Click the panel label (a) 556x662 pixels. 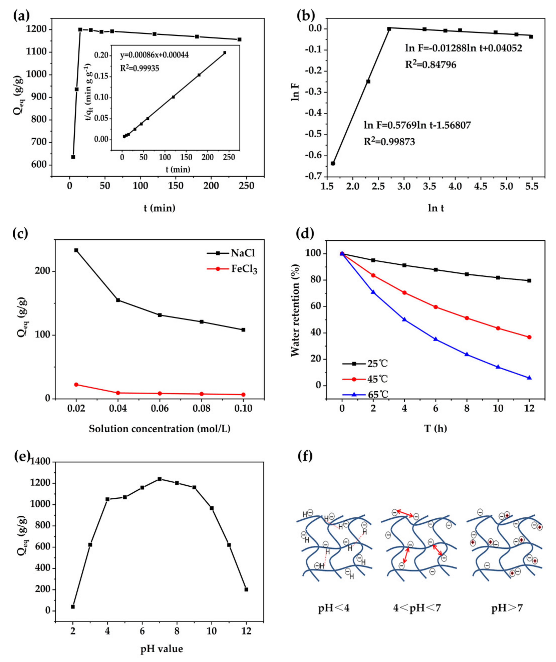21,15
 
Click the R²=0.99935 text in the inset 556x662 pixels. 140,68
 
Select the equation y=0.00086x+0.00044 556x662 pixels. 154,55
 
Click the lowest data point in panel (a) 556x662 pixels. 73,157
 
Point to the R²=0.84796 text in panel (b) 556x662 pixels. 431,65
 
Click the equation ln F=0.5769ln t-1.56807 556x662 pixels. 417,125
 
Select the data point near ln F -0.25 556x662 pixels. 368,81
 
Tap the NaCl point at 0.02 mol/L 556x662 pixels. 76,250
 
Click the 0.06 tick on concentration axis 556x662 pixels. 160,409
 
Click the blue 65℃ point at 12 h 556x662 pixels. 529,378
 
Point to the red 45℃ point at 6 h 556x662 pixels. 436,307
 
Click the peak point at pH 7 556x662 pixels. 160,479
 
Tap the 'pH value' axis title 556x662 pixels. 161,649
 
